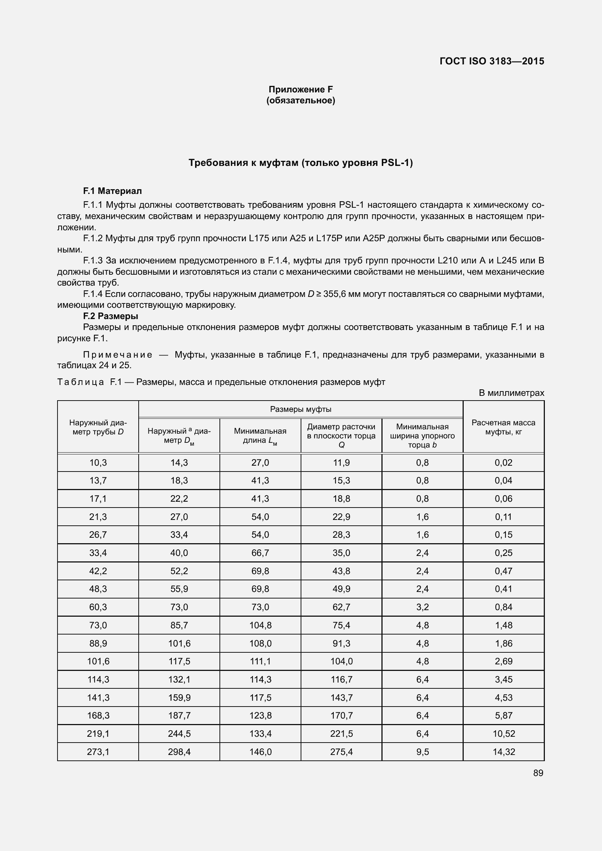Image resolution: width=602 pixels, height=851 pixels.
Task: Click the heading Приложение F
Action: (x=301, y=90)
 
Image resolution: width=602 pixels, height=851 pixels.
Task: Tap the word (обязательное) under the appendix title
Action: (x=301, y=100)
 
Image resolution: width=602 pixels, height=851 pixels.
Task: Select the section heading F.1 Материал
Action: (x=112, y=191)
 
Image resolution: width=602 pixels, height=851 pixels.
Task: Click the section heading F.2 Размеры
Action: (x=111, y=316)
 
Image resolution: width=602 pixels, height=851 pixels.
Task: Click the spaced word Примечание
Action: (x=118, y=355)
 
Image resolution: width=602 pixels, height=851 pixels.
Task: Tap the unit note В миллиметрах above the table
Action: (x=511, y=393)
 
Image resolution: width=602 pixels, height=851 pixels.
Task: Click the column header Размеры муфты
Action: (x=301, y=409)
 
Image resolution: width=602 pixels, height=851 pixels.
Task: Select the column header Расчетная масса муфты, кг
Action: (x=503, y=427)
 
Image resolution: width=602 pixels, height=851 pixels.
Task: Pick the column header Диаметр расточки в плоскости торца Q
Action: (x=341, y=436)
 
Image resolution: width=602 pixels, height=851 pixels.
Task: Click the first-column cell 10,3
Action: (x=98, y=462)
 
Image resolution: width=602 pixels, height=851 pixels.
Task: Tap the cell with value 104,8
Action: (x=260, y=625)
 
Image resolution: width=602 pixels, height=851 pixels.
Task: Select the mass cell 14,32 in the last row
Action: (x=503, y=752)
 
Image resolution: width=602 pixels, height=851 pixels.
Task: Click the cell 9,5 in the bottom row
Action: (x=422, y=752)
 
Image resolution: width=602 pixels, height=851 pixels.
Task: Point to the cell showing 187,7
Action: (x=179, y=715)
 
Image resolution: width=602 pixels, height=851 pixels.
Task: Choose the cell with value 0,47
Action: (x=503, y=571)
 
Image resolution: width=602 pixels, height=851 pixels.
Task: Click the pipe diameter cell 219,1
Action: (x=98, y=733)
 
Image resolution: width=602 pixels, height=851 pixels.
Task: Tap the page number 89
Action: (x=538, y=773)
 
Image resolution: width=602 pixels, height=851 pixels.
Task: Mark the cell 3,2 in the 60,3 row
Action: (x=422, y=607)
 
